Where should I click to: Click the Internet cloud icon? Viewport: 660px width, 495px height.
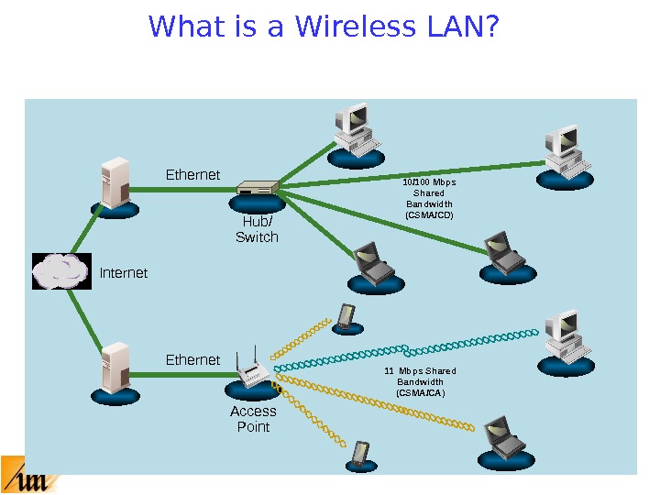coord(61,271)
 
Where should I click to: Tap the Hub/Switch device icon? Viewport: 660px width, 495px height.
coord(258,190)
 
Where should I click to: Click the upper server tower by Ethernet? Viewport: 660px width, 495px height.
coord(115,183)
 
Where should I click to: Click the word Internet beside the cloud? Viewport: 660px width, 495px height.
coord(123,273)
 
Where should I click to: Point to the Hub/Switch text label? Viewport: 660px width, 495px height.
coord(258,230)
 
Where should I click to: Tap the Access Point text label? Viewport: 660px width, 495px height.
coord(253,419)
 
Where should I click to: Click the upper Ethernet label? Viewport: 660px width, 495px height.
coord(192,174)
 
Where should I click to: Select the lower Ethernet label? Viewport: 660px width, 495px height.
coord(192,360)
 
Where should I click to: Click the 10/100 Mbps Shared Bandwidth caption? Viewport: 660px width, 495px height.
coord(429,198)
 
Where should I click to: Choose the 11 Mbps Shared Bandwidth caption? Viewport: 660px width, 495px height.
coord(421,381)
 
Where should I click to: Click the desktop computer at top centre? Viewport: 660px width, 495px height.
coord(355,130)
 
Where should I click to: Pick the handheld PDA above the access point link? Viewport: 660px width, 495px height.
coord(346,316)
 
